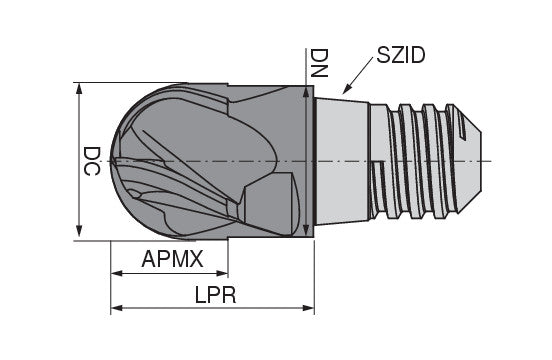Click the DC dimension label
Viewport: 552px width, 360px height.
click(x=91, y=161)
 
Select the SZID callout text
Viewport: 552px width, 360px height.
click(x=400, y=54)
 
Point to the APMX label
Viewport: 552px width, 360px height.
click(x=172, y=259)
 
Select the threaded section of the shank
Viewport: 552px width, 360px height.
click(x=420, y=160)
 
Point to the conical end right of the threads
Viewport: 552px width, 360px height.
click(x=478, y=160)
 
